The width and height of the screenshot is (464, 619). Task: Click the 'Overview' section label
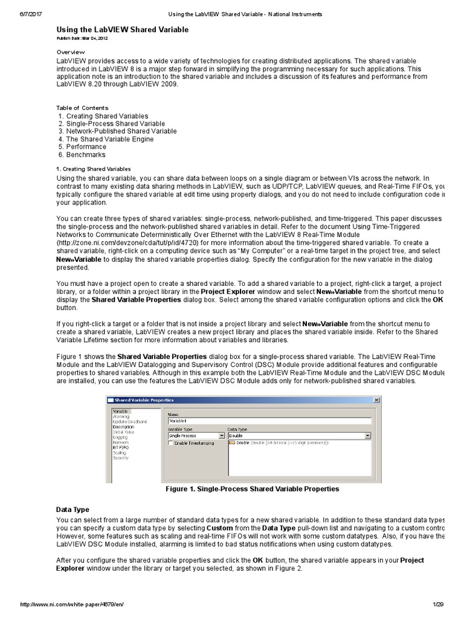(x=71, y=53)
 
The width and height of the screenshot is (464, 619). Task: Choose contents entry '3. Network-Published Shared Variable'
(x=118, y=131)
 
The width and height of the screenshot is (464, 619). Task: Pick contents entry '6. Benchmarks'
(x=82, y=155)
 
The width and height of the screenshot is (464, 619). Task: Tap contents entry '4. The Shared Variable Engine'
(x=106, y=139)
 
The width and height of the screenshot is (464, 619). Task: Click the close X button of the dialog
(x=377, y=400)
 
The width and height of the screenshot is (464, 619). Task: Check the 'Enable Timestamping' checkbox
(x=171, y=443)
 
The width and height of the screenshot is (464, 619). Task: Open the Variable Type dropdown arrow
(x=221, y=435)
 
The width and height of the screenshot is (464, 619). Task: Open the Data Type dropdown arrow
(x=367, y=435)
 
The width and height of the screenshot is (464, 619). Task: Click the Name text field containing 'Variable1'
(x=269, y=421)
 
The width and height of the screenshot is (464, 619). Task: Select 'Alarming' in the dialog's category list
(x=121, y=416)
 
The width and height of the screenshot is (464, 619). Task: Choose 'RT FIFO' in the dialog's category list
(x=121, y=447)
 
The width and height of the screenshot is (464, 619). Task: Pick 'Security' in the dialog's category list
(x=121, y=458)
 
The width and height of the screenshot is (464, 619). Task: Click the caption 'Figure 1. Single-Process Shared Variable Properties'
(x=252, y=489)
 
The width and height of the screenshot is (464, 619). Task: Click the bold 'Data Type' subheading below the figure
(x=72, y=510)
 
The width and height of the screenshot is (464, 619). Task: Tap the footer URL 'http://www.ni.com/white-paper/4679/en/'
(x=72, y=605)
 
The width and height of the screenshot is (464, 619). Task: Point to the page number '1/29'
(x=438, y=605)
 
